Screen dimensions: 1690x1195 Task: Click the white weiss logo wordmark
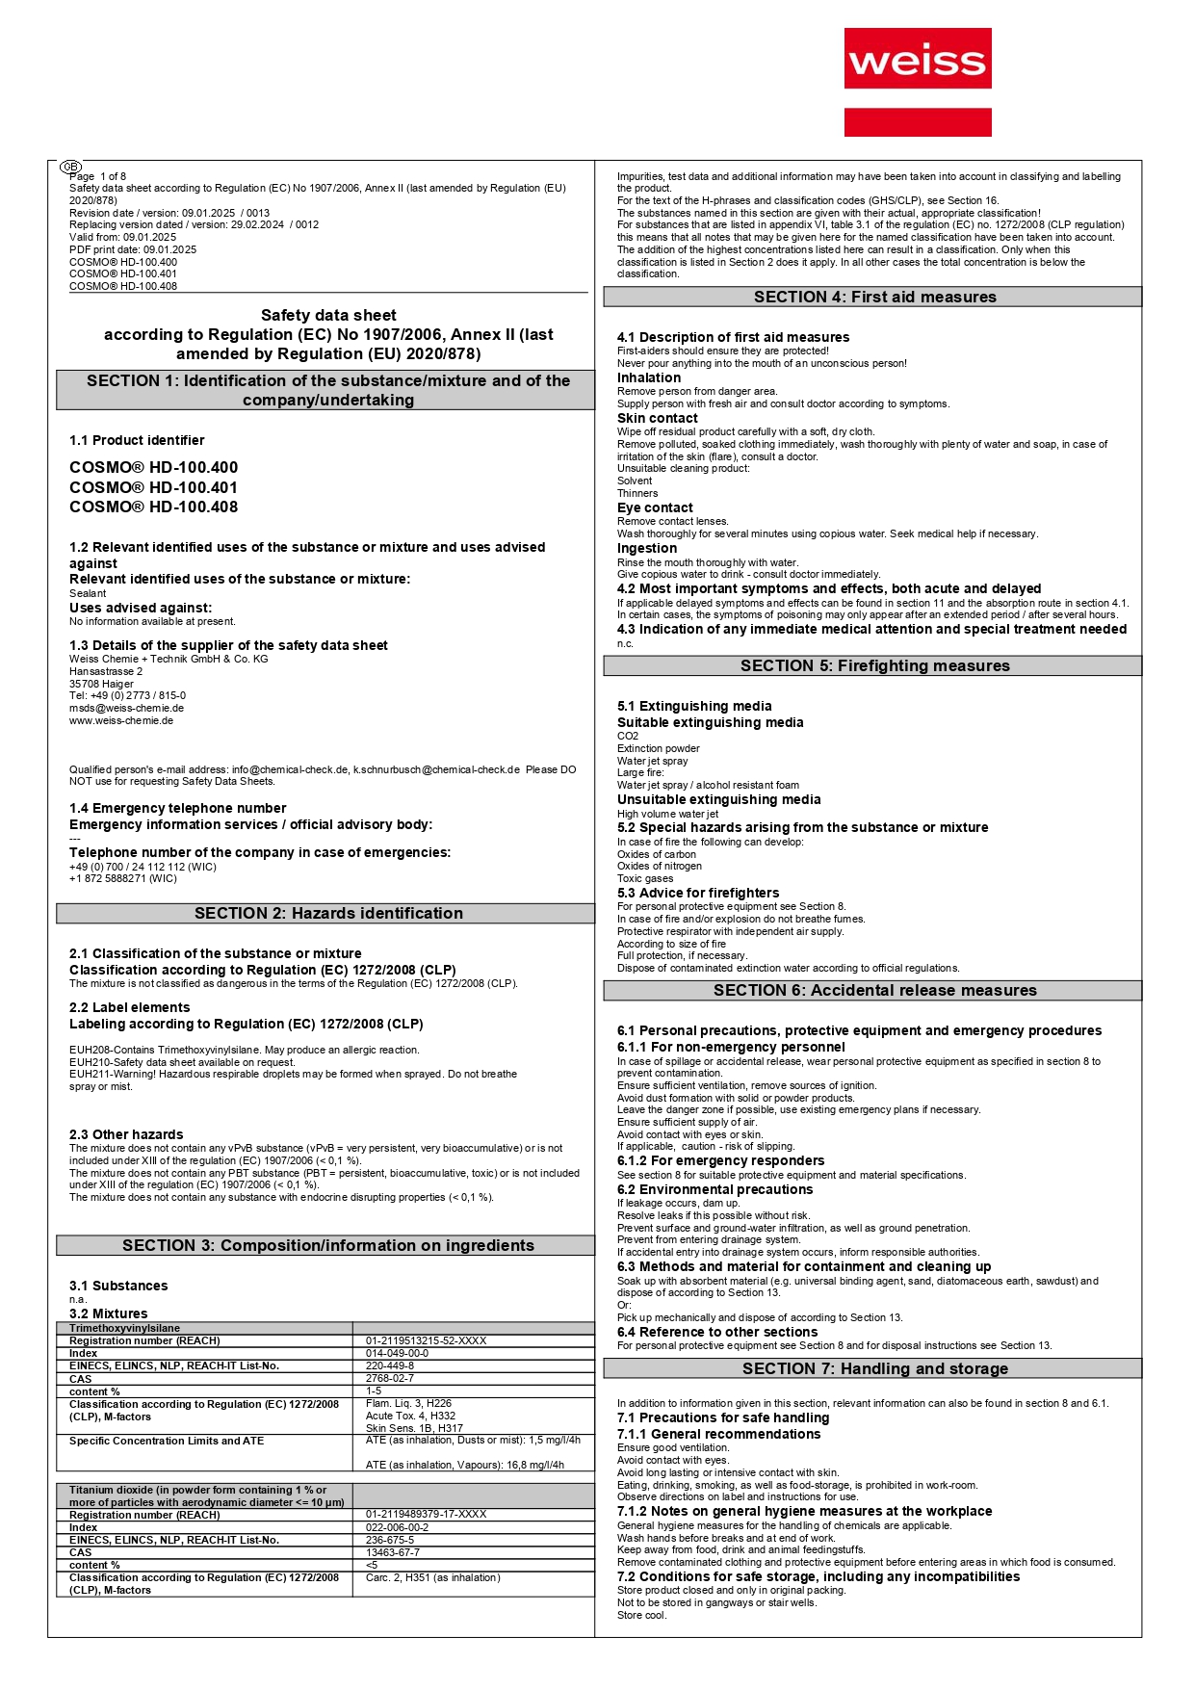click(917, 61)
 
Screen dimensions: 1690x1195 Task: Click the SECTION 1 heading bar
click(327, 390)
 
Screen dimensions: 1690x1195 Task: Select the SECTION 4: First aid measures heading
click(873, 297)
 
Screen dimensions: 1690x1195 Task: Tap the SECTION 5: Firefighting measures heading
click(873, 665)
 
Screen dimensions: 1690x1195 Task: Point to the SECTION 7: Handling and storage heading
click(873, 1368)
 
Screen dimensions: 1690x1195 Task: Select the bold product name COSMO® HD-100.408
click(153, 507)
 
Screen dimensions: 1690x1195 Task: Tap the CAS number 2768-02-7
click(390, 1378)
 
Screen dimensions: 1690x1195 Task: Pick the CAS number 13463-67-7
click(393, 1552)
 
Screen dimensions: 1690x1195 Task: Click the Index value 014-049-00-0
click(397, 1353)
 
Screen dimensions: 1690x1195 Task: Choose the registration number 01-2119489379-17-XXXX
click(426, 1514)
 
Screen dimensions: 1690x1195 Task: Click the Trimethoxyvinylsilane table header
click(124, 1328)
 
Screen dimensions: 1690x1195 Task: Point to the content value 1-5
click(374, 1391)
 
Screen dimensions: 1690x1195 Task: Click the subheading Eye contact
click(655, 507)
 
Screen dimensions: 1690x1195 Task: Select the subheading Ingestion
click(647, 548)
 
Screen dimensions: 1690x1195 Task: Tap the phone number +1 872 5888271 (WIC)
click(122, 878)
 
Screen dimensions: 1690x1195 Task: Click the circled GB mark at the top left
click(71, 167)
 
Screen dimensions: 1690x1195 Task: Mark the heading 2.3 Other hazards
click(126, 1134)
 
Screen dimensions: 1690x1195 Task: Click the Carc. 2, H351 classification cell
click(432, 1577)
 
